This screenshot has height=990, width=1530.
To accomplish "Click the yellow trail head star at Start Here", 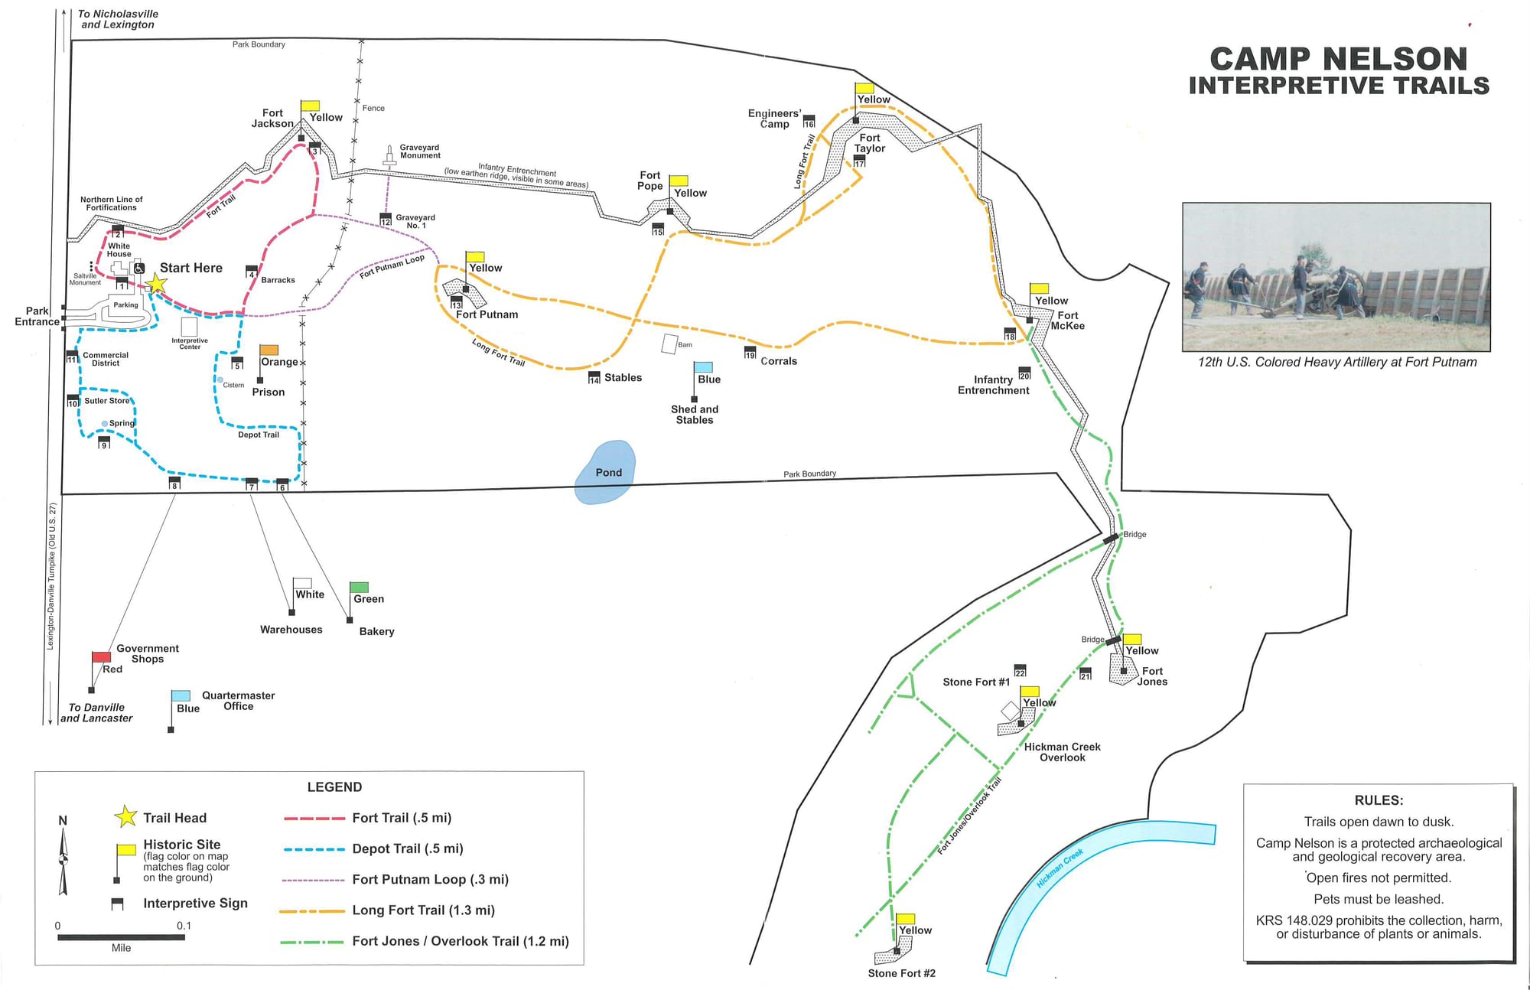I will [156, 285].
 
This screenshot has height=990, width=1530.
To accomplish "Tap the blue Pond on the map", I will [606, 472].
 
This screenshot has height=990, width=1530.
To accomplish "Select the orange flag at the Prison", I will [269, 350].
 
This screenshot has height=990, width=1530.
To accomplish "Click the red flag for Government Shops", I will [101, 657].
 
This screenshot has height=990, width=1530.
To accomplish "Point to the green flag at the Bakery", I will [359, 588].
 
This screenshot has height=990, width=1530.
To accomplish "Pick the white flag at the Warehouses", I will [303, 584].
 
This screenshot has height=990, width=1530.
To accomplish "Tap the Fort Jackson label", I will [272, 118].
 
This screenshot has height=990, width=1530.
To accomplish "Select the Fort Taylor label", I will [870, 143].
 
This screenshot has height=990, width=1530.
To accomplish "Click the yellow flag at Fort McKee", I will [1039, 289].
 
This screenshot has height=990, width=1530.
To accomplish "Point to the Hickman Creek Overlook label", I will [1062, 752].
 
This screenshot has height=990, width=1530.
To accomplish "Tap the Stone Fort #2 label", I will [901, 973].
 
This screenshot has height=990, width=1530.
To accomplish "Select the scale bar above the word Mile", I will [121, 937].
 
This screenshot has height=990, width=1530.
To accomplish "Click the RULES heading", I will [1379, 800].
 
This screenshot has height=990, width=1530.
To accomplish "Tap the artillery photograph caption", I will [1337, 362].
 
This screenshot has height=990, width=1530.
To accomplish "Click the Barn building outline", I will [670, 344].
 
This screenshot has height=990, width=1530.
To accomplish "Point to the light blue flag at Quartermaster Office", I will [181, 696].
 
